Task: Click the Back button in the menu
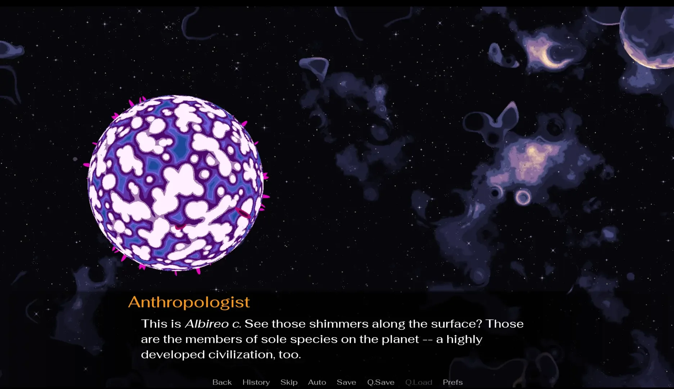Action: click(222, 382)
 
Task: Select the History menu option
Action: click(256, 383)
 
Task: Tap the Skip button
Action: click(289, 383)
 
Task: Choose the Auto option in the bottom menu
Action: click(317, 382)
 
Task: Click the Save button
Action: click(346, 382)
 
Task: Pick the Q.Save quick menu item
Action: click(381, 382)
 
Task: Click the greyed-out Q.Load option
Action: click(419, 382)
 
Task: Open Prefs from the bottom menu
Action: click(453, 382)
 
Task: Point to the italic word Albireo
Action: click(207, 324)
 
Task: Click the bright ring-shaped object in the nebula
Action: click(523, 197)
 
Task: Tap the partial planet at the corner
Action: click(648, 36)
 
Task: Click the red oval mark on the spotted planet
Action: click(243, 213)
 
